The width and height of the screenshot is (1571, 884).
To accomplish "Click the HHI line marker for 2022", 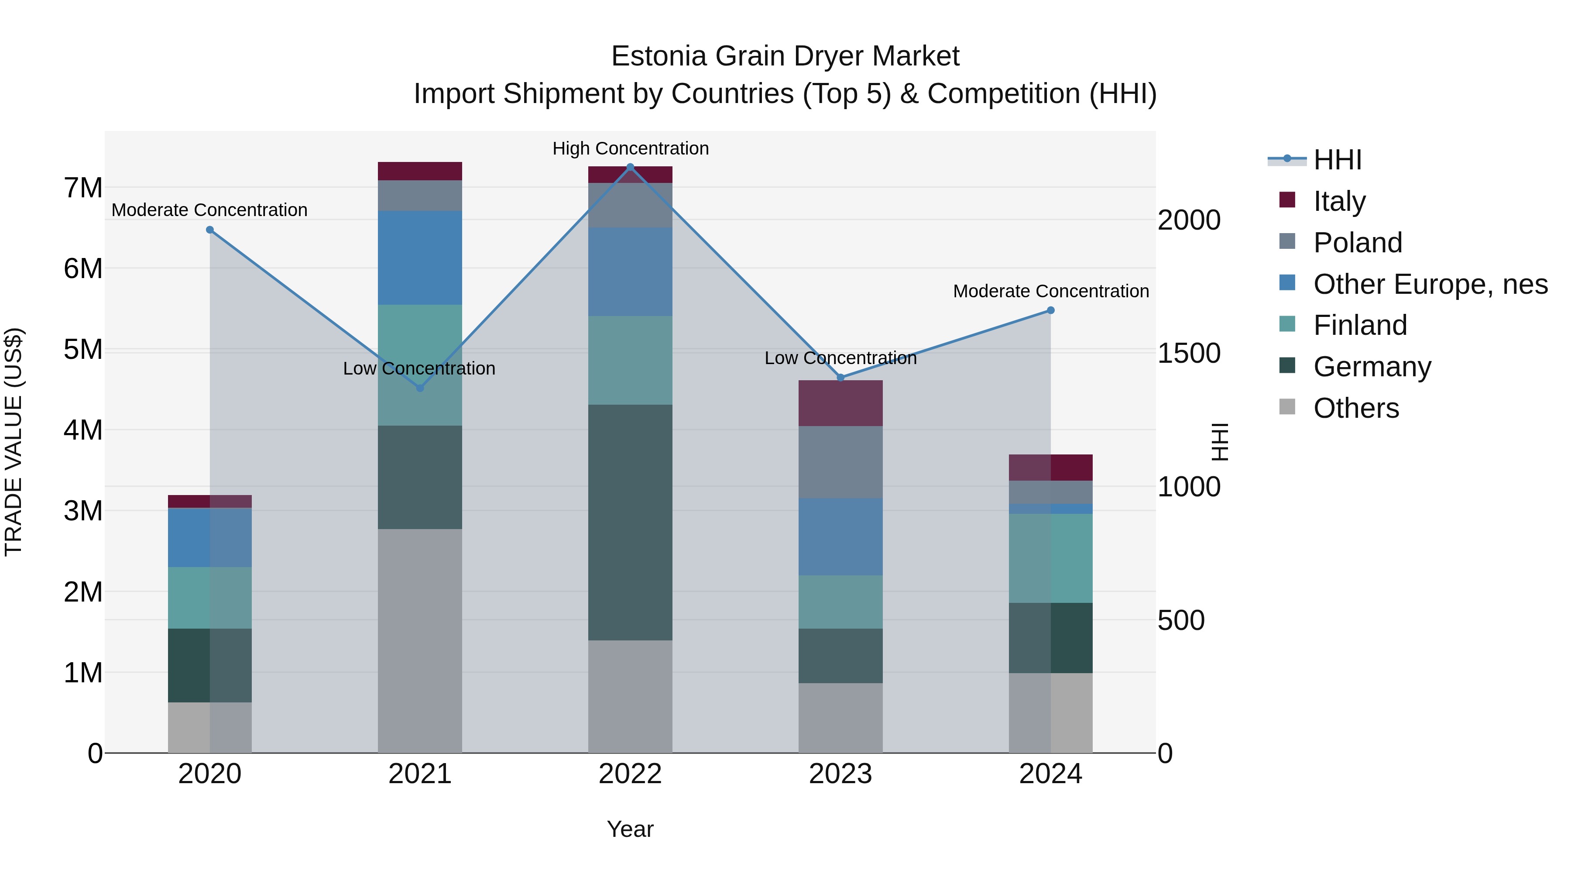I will (630, 167).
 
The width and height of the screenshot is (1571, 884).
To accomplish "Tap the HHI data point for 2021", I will (419, 388).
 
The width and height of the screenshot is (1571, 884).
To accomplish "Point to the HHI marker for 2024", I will (1051, 310).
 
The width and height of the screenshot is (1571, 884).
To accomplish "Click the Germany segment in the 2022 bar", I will (630, 522).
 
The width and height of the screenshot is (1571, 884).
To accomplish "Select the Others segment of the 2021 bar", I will (419, 640).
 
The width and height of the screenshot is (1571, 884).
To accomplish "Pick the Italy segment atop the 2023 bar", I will (840, 403).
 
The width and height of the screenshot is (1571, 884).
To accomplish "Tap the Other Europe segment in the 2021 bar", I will (419, 258).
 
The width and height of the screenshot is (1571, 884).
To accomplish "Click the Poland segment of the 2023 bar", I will (840, 462).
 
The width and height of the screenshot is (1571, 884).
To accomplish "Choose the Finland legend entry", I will (1359, 325).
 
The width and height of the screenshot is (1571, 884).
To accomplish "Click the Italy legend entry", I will (1339, 201).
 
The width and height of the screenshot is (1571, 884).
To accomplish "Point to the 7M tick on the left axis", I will (83, 188).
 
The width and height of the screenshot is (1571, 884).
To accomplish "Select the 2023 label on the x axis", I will (840, 774).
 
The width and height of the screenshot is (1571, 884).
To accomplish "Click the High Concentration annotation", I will (631, 149).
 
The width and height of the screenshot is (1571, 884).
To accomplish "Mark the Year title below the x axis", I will (630, 829).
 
